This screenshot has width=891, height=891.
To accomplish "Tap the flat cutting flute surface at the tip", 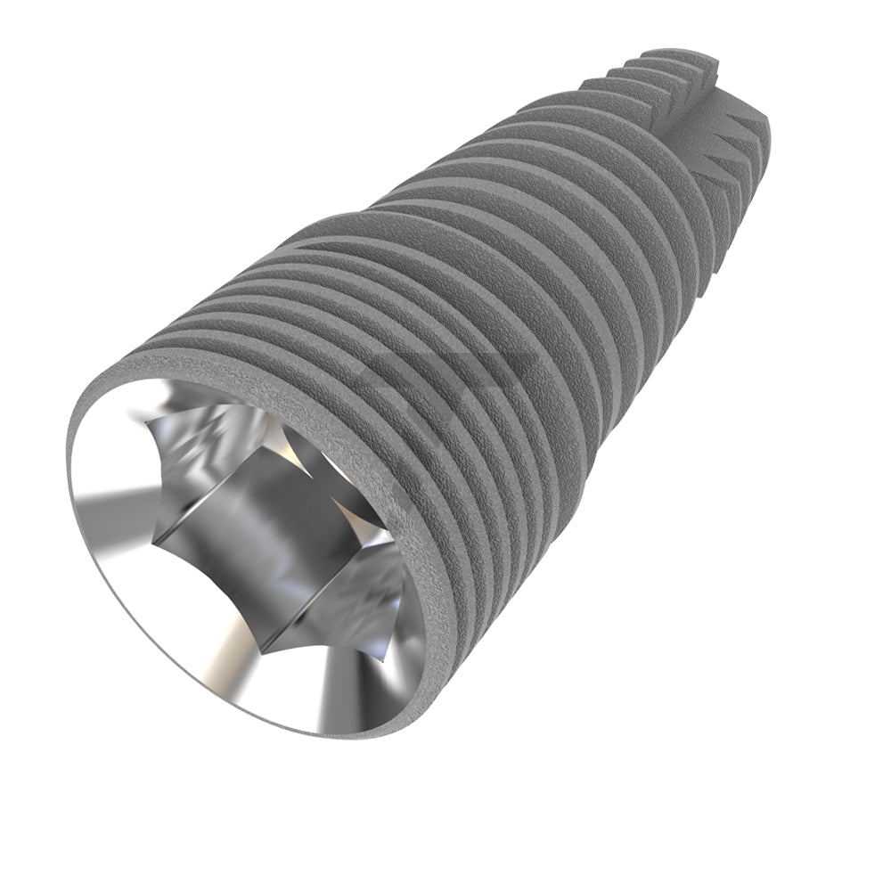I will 713,125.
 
